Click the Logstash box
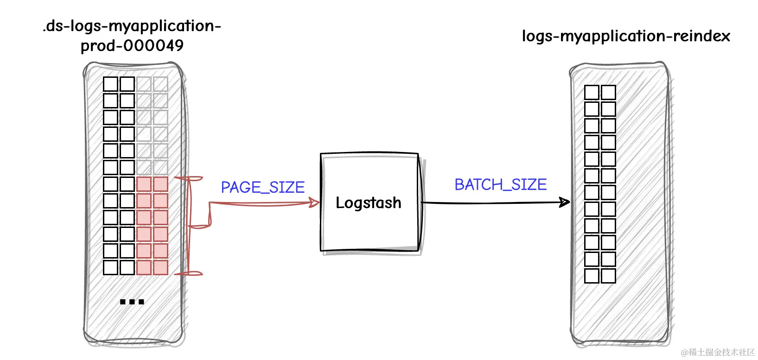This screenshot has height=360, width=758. (x=369, y=202)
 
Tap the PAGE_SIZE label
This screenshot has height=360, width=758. (x=262, y=187)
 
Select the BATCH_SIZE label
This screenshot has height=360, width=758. (x=500, y=184)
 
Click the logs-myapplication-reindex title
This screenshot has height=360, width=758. (x=625, y=36)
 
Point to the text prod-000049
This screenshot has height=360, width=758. (x=132, y=45)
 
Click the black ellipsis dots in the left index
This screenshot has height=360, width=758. (x=132, y=302)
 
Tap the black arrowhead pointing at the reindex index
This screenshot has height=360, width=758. (x=564, y=202)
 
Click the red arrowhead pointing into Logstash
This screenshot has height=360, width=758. (x=314, y=203)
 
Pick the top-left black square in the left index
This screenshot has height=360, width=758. (x=110, y=84)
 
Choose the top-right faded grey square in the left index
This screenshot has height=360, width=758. (x=160, y=84)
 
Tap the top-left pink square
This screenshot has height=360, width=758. (x=144, y=184)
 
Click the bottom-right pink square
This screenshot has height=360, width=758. (x=160, y=267)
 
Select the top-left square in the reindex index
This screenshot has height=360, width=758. (x=592, y=92)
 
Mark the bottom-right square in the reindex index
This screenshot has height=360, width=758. (x=608, y=276)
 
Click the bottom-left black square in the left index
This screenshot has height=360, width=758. (x=110, y=267)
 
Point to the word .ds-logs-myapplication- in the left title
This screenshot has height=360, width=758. (x=132, y=26)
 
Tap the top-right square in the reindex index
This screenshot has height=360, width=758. (x=608, y=92)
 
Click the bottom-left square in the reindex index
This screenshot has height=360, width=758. (x=592, y=276)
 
